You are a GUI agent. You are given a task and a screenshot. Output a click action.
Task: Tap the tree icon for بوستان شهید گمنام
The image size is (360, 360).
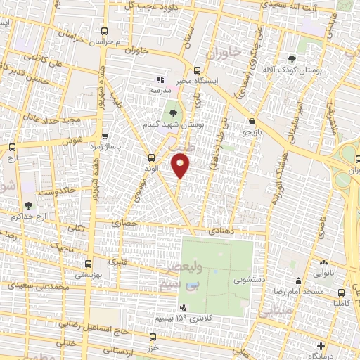tap(172, 112)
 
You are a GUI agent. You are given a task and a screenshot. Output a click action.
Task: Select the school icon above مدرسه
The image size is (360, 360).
tap(160, 80)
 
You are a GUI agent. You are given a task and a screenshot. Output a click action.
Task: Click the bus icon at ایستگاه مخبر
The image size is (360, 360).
tap(197, 70)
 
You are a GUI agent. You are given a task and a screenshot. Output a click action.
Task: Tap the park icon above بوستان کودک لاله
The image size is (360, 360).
tap(292, 59)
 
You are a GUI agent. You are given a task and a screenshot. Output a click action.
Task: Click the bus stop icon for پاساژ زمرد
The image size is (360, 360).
tap(105, 136)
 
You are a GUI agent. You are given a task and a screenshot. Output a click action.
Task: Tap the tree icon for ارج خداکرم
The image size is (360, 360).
tap(28, 205)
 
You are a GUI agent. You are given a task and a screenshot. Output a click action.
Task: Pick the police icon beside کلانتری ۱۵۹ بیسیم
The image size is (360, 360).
tap(184, 307)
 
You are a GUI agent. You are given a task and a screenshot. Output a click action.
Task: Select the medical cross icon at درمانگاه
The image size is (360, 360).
tap(321, 345)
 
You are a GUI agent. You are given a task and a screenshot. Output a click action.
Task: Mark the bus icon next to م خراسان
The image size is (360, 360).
tap(105, 31)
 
